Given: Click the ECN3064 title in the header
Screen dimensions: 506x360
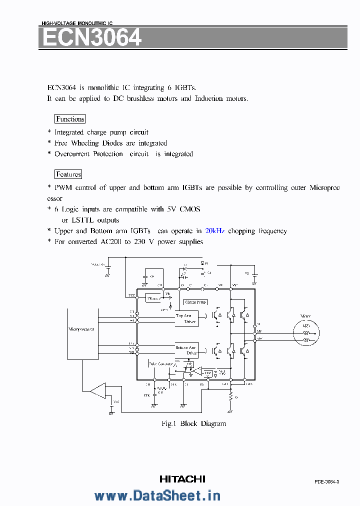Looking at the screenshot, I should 92,38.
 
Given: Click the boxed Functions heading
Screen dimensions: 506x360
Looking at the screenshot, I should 70,119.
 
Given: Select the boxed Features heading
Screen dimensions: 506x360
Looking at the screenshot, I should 68,174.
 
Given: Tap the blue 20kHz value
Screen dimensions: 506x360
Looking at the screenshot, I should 214,231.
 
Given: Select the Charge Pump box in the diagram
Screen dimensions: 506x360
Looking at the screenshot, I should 195,302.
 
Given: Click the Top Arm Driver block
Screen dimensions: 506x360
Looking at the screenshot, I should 186,318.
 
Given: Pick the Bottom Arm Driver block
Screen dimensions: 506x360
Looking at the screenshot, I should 186,350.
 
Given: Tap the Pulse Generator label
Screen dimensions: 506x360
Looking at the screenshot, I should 161,363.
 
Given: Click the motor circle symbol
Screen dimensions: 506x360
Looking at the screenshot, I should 306,333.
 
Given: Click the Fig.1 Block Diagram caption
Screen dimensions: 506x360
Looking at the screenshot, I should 193,424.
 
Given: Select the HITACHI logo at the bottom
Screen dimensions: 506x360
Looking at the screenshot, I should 182,479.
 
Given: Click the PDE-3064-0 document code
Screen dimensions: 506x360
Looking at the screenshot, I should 327,481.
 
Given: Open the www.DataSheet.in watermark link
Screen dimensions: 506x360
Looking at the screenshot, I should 157,495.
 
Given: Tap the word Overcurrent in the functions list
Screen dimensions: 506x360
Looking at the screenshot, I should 71,154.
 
